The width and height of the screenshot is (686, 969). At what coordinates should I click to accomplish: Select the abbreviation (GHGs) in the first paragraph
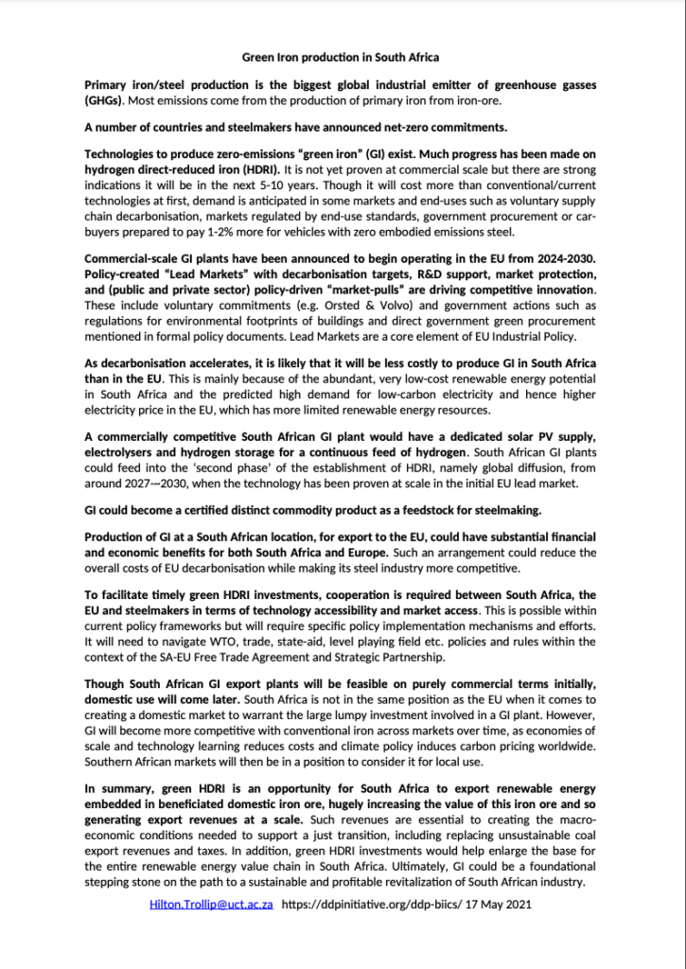click(106, 100)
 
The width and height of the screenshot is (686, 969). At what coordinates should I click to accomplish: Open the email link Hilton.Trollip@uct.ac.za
click(212, 905)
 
